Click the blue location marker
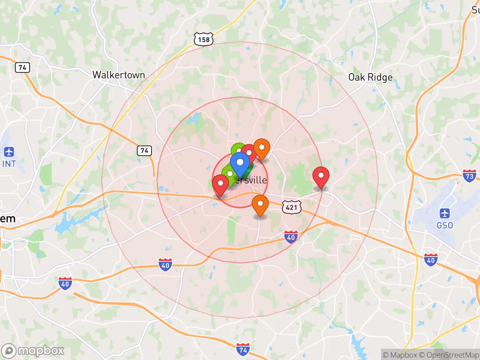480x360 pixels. click(x=240, y=163)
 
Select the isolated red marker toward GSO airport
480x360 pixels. click(x=321, y=176)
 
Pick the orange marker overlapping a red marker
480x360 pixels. click(x=262, y=147)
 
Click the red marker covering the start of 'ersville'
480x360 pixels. click(x=220, y=184)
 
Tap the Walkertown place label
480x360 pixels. click(x=118, y=75)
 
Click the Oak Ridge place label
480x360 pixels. click(x=370, y=77)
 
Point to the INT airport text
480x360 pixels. click(x=9, y=164)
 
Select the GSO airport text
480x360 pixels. click(x=445, y=225)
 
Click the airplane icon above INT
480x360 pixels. click(x=9, y=152)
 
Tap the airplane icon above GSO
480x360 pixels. click(x=445, y=214)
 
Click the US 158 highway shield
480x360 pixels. click(x=204, y=39)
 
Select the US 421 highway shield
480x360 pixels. click(x=291, y=207)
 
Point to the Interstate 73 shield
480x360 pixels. click(x=469, y=176)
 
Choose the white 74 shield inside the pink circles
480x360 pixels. click(x=144, y=151)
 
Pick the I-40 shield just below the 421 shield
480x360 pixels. click(x=291, y=237)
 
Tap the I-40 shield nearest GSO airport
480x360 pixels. click(x=430, y=259)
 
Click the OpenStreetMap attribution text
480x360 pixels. click(x=449, y=355)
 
